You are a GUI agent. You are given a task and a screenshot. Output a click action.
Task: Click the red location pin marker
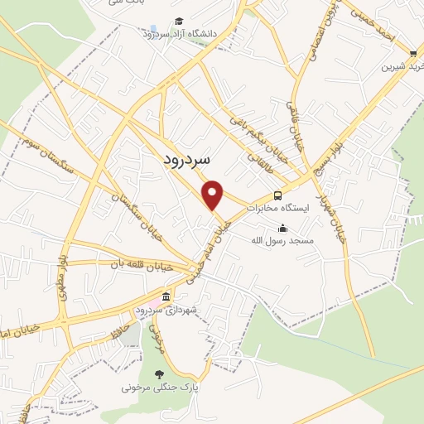pyautogui.click(x=214, y=195)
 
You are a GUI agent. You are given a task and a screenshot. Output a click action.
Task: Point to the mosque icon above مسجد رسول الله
pyautogui.click(x=283, y=229)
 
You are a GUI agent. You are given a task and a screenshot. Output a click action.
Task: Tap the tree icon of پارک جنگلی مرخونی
pyautogui.click(x=161, y=373)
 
